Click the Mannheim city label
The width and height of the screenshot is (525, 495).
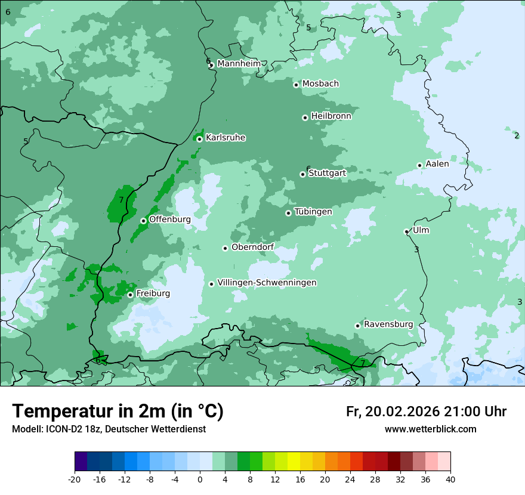(x=239, y=64)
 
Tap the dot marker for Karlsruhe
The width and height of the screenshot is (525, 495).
(x=199, y=140)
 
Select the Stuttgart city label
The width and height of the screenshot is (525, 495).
(x=327, y=173)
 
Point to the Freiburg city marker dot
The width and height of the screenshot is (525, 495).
(x=130, y=295)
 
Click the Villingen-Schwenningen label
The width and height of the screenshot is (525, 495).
(x=267, y=283)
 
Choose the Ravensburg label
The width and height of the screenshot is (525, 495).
(x=388, y=324)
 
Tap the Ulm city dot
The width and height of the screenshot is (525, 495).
(x=406, y=232)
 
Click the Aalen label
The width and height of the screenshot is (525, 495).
(x=437, y=164)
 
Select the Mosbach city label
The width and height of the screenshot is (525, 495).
(x=320, y=84)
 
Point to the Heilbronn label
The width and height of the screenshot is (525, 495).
(x=331, y=116)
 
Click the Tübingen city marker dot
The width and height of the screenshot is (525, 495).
(x=288, y=213)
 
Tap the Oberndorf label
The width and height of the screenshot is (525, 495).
(x=252, y=247)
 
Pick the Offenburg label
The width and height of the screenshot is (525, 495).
(x=170, y=219)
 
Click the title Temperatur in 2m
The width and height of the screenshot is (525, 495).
(x=118, y=411)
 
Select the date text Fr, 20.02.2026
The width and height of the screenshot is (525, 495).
(x=393, y=412)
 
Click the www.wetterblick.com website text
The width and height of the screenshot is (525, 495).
(x=430, y=429)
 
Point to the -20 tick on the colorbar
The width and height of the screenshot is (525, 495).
(x=75, y=479)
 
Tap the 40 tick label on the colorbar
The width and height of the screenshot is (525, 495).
(x=450, y=479)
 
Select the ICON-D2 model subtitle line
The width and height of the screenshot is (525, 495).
(x=109, y=429)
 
